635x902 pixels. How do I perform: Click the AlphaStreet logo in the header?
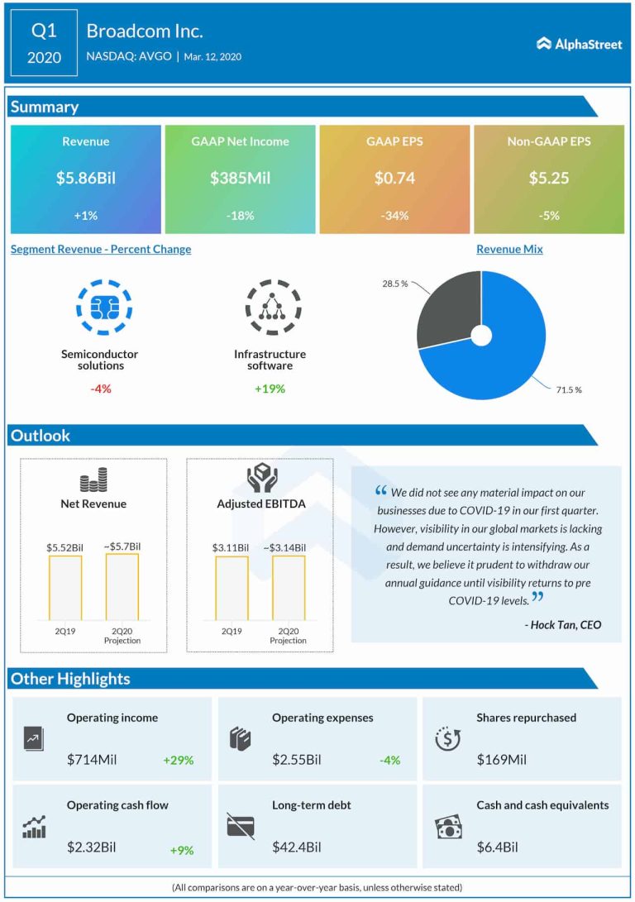tap(579, 44)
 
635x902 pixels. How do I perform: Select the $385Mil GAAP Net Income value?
tap(240, 178)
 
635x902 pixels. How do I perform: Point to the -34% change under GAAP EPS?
tap(394, 216)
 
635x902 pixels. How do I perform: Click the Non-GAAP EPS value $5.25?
tap(548, 178)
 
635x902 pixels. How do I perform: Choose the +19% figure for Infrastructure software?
tap(270, 388)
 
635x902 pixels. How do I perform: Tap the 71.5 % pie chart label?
tap(568, 389)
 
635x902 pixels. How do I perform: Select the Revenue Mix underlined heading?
tap(509, 249)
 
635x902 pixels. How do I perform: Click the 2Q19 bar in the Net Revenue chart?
tap(65, 587)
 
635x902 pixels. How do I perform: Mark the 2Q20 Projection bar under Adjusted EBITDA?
tap(288, 587)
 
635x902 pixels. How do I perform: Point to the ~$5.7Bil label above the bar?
tap(122, 546)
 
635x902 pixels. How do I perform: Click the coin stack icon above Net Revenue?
tap(93, 480)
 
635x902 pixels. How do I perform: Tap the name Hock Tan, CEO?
tap(562, 625)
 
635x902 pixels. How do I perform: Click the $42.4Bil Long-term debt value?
tap(297, 847)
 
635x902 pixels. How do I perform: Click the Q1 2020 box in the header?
tap(45, 44)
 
